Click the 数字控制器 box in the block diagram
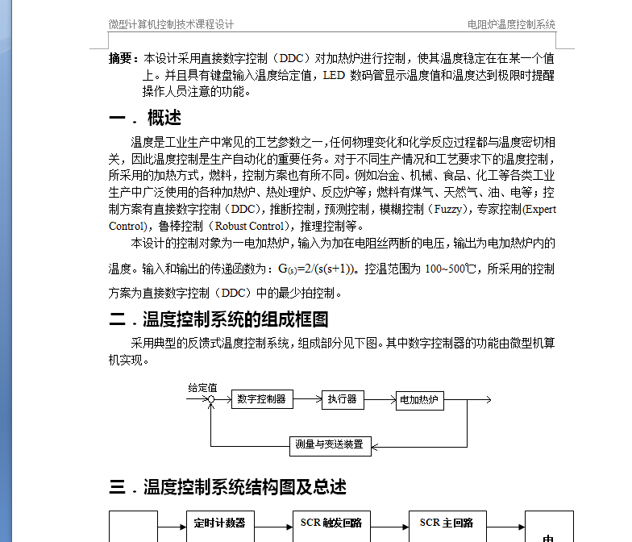pyautogui.click(x=263, y=399)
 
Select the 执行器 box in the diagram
pyautogui.click(x=342, y=399)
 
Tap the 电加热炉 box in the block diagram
pyautogui.click(x=419, y=400)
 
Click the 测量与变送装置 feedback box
pyautogui.click(x=330, y=444)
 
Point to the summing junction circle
pyautogui.click(x=211, y=399)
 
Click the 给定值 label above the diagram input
pyautogui.click(x=202, y=387)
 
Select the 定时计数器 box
pyautogui.click(x=219, y=523)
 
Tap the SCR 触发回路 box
pyautogui.click(x=331, y=523)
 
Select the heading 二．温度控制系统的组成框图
pyautogui.click(x=218, y=319)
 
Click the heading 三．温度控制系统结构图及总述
pyautogui.click(x=227, y=487)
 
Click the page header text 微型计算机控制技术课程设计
pyautogui.click(x=171, y=25)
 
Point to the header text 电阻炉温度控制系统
pyautogui.click(x=511, y=25)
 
